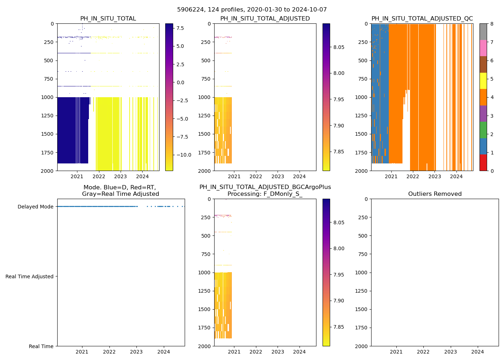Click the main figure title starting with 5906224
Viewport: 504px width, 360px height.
pos(252,10)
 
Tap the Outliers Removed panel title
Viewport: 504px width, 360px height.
pos(435,194)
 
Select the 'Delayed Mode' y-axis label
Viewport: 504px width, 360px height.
pos(35,207)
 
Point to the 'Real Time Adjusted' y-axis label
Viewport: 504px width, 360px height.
pos(30,276)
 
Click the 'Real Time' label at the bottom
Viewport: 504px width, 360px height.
pos(41,346)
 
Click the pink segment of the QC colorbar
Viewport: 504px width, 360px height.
pos(483,48)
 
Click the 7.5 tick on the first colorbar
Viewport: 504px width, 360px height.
pos(180,28)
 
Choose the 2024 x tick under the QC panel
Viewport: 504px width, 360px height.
pos(456,176)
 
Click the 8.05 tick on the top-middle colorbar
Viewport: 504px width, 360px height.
pos(338,47)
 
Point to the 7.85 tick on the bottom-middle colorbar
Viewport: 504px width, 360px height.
pos(338,327)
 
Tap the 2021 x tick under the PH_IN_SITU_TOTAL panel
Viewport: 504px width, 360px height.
pos(77,176)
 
